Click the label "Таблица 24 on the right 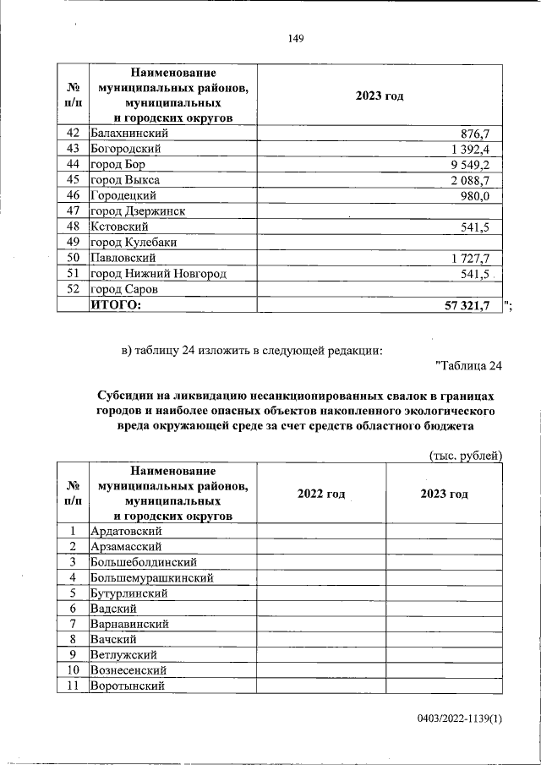pyautogui.click(x=468, y=366)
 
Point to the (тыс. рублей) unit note pyautogui.click(x=466, y=456)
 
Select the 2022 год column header pyautogui.click(x=321, y=494)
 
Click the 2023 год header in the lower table pyautogui.click(x=444, y=494)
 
